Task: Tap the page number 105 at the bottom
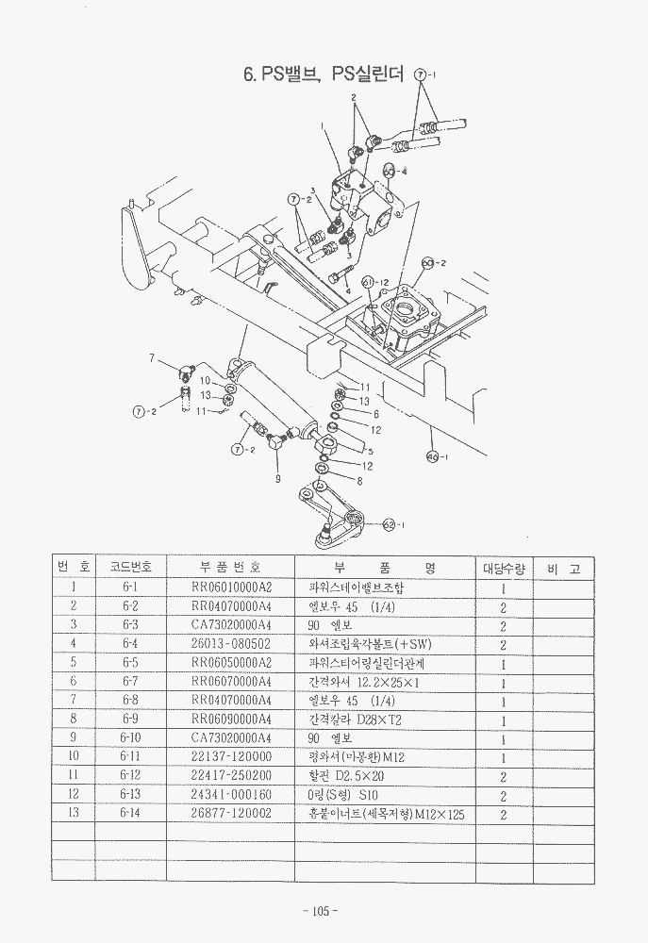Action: click(x=322, y=911)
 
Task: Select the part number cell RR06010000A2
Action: click(x=231, y=587)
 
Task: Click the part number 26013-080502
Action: click(x=231, y=644)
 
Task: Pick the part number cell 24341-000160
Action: click(x=231, y=794)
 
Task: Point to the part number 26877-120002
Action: click(x=231, y=813)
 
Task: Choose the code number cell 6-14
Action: click(x=130, y=813)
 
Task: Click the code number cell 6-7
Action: click(x=130, y=681)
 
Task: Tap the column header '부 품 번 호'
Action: click(x=231, y=567)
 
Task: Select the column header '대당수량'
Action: click(x=504, y=568)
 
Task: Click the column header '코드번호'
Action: click(x=130, y=567)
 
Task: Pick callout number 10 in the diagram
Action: click(x=205, y=380)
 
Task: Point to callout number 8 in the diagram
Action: click(x=358, y=480)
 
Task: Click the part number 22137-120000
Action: click(x=231, y=756)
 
